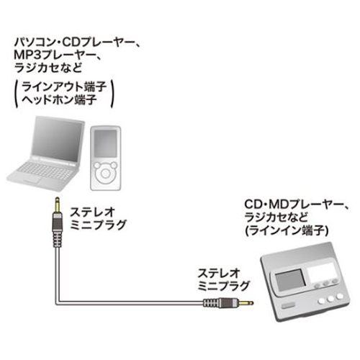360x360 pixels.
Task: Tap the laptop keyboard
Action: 45,171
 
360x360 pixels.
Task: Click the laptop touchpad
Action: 33,179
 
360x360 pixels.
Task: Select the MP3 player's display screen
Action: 105,143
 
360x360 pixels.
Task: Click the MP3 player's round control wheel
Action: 105,173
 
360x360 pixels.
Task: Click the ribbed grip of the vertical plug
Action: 57,237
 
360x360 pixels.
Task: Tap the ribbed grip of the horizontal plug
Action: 211,303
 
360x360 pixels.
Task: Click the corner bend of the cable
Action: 58,303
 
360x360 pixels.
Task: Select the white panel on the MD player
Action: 320,273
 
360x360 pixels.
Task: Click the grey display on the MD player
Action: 290,282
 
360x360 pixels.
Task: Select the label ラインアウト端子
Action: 64,87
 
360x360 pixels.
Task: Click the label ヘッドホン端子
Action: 59,99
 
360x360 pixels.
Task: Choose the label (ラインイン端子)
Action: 287,230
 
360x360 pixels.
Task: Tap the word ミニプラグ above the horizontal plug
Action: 224,286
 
